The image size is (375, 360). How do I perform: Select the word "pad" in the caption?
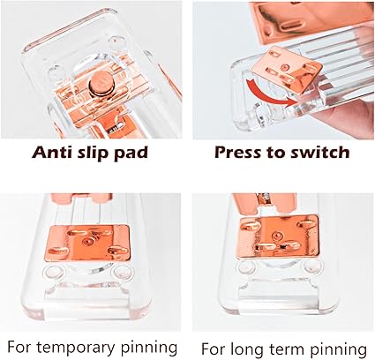[131, 154]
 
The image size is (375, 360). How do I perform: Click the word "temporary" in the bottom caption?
[77, 348]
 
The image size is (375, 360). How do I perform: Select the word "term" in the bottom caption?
[288, 349]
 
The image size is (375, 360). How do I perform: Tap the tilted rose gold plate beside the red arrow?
[289, 70]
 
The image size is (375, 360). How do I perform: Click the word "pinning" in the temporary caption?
[149, 348]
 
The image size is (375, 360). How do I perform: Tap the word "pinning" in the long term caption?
[339, 350]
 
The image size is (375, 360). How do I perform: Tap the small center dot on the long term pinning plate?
[276, 236]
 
